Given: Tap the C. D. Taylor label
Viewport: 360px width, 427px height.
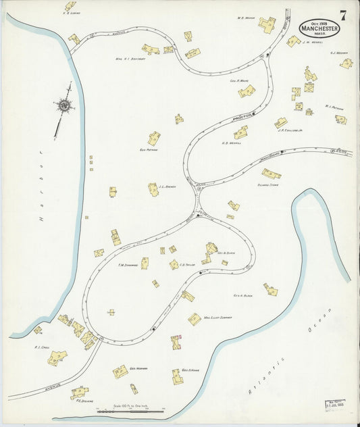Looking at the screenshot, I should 187,265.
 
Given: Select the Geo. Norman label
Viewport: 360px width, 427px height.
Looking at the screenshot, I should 138,368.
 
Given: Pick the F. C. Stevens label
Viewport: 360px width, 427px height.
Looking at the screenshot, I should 80,398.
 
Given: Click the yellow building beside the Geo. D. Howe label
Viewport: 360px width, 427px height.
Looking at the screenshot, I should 178,376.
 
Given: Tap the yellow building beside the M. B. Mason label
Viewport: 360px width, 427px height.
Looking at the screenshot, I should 267,26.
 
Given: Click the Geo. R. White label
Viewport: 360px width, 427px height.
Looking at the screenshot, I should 241,80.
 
